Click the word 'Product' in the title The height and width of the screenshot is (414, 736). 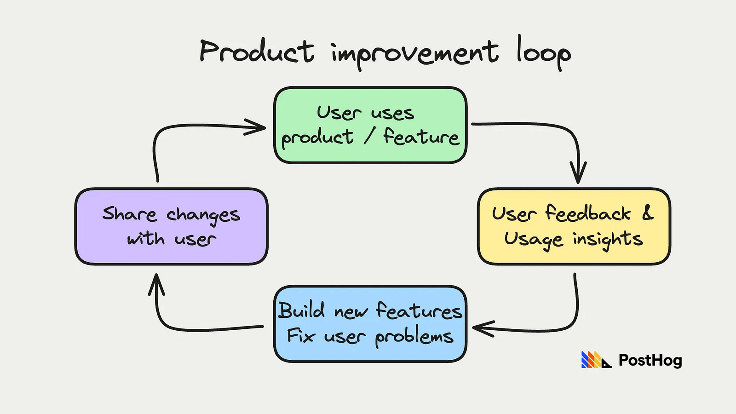(257, 52)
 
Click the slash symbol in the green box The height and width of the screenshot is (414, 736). (368, 137)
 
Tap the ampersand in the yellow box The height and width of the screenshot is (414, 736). (648, 213)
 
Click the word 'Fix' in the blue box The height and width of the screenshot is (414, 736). (300, 336)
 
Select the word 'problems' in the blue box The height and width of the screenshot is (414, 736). (414, 337)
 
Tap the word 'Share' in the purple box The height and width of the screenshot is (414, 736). (129, 214)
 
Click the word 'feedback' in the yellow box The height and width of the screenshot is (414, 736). (588, 213)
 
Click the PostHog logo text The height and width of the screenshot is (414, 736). (650, 360)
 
